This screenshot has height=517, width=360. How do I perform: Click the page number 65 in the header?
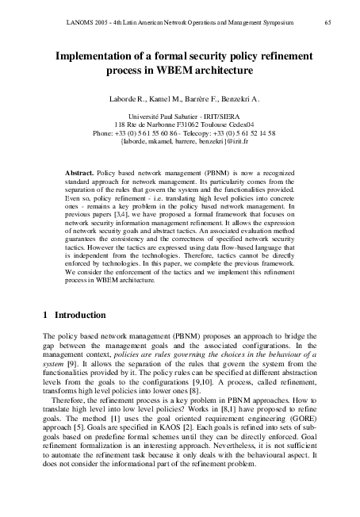(x=327, y=25)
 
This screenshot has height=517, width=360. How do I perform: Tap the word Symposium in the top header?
(x=277, y=25)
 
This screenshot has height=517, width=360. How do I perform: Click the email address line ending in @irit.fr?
(x=179, y=142)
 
